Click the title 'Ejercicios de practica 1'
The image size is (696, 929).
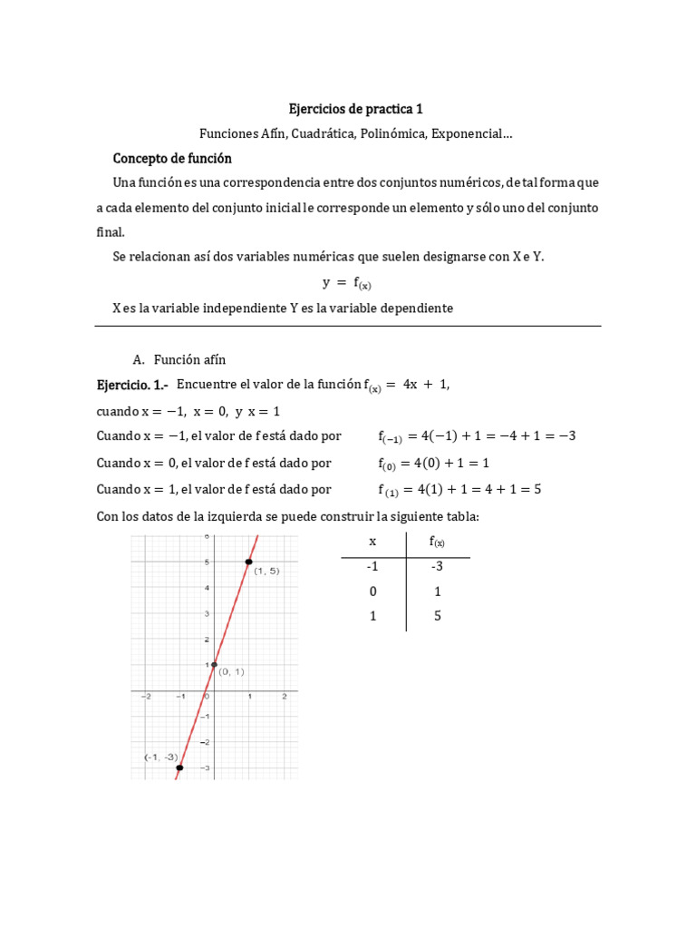click(355, 110)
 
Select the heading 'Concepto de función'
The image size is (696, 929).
click(172, 158)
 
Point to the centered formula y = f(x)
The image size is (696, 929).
click(348, 283)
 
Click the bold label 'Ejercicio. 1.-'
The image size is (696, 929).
click(133, 385)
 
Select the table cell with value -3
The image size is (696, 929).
click(437, 566)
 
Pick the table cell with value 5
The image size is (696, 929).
click(437, 615)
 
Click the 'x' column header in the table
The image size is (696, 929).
click(372, 542)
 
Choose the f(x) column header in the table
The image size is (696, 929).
click(437, 543)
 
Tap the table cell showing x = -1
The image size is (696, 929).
click(372, 566)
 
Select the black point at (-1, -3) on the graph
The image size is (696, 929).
click(179, 768)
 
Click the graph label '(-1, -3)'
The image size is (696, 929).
click(160, 756)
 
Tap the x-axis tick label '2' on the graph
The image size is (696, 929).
click(285, 697)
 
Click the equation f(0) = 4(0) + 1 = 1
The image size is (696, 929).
click(433, 464)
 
